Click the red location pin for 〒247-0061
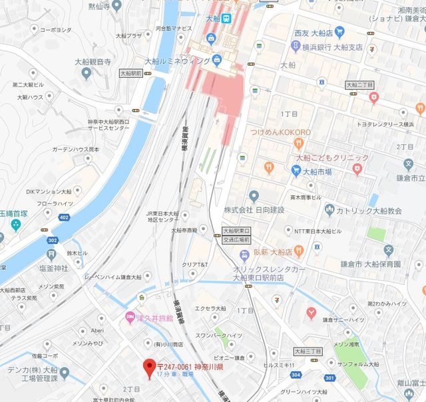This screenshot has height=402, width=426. click(x=149, y=366)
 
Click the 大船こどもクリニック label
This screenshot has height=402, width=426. click(x=332, y=157)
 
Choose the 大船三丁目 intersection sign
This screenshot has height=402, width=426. click(x=308, y=351)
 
